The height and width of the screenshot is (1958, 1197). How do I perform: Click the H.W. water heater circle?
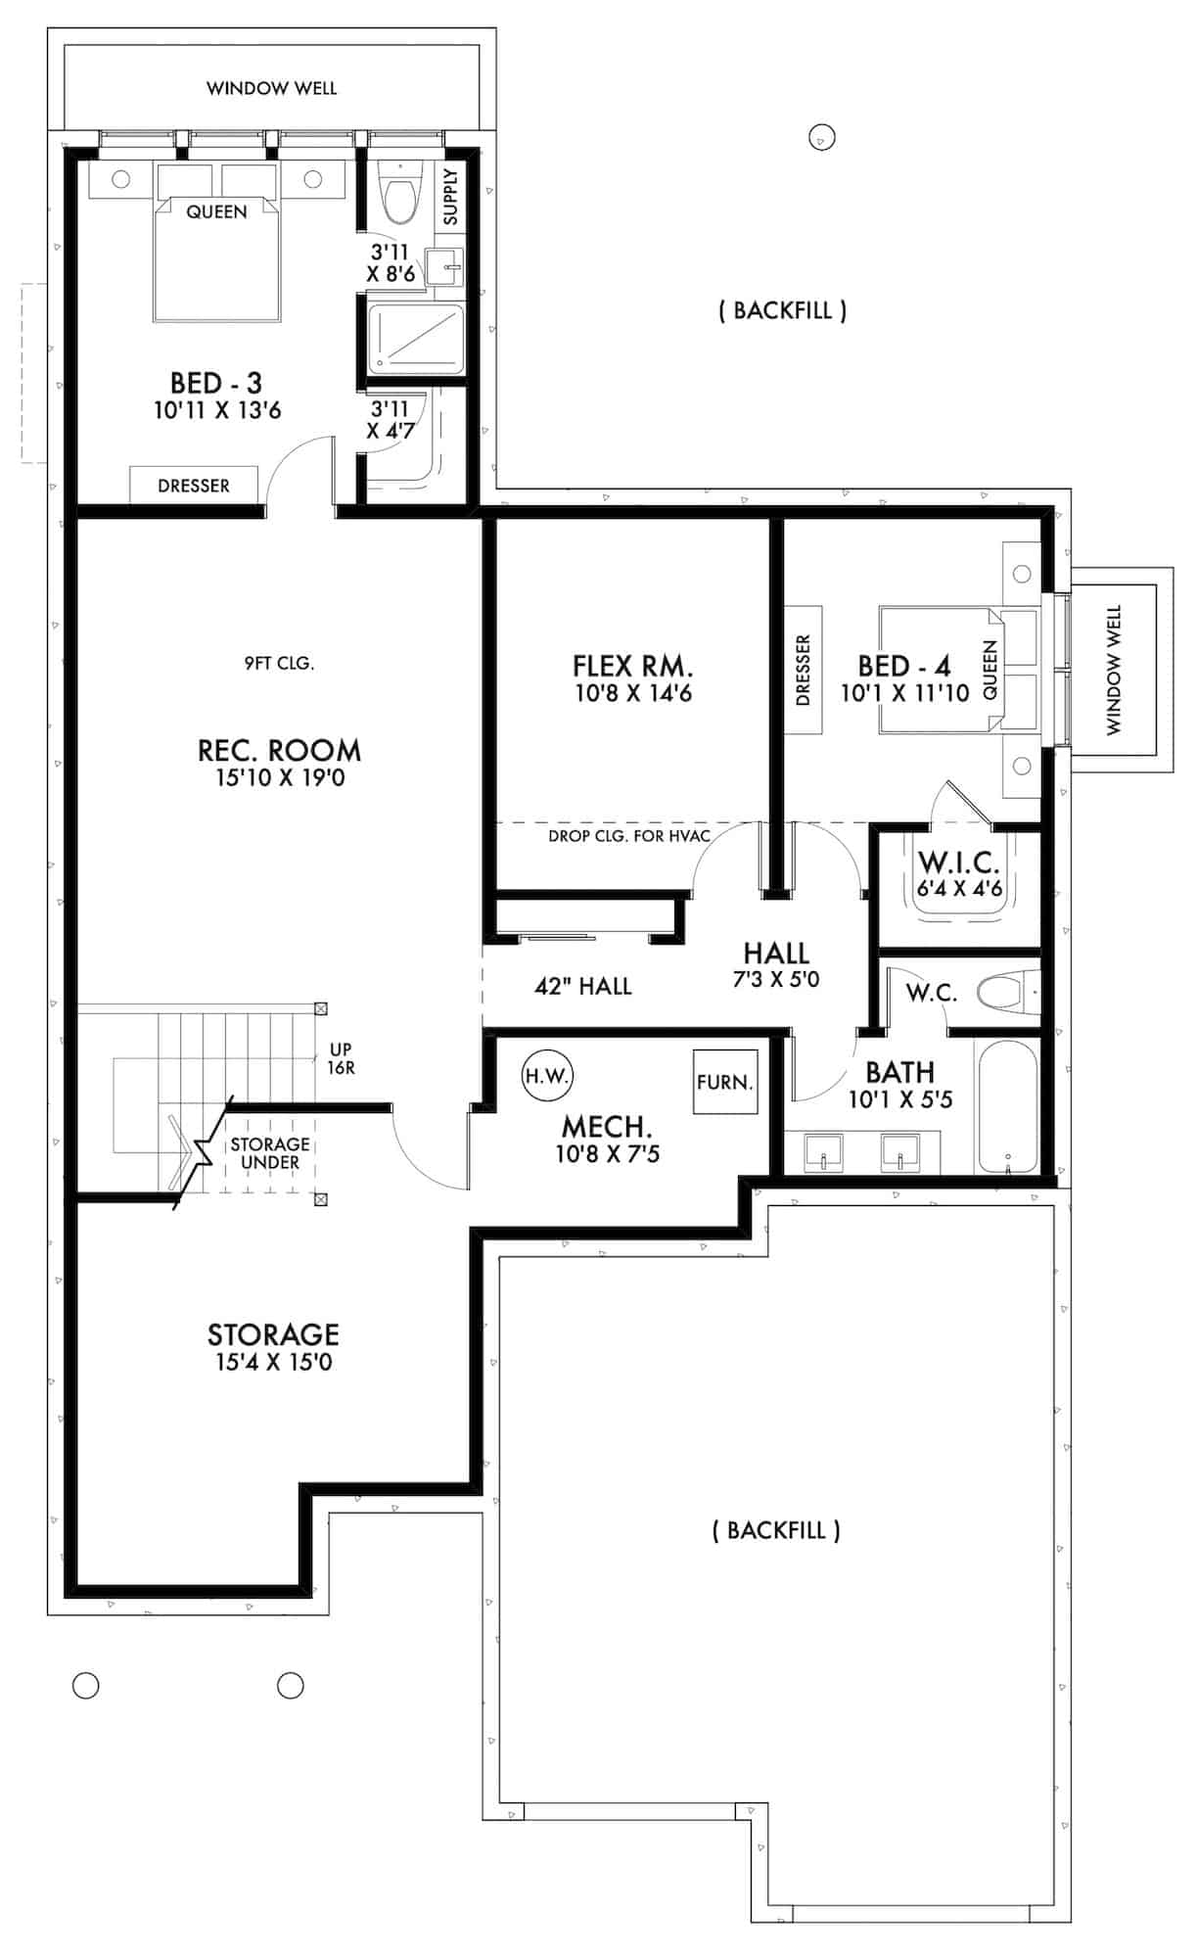[547, 1075]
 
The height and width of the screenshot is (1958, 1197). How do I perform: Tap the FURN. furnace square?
[725, 1082]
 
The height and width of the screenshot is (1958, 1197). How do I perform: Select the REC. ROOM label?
[280, 751]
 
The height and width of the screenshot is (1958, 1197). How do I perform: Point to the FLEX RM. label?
[632, 667]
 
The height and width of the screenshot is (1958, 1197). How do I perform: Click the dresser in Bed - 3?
[194, 486]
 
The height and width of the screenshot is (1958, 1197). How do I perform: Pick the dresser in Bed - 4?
[804, 671]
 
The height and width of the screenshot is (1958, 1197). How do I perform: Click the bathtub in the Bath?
[1006, 1106]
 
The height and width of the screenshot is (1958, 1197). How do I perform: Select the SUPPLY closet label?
[450, 197]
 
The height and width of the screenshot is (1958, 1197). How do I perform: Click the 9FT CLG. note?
[279, 664]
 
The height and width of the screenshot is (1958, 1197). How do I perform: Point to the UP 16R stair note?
[341, 1058]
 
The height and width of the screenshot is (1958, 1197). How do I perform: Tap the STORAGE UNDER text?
[270, 1153]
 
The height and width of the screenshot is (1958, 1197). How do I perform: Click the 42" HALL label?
[582, 986]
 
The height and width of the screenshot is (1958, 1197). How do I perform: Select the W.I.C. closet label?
[959, 863]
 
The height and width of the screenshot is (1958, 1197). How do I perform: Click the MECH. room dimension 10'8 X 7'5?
[608, 1154]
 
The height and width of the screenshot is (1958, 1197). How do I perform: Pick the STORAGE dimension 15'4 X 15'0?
[274, 1362]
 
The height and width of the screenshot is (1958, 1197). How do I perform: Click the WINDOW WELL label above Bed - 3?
[271, 88]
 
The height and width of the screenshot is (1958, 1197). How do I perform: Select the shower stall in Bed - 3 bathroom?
[416, 339]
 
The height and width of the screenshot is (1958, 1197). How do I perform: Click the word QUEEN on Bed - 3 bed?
[216, 211]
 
